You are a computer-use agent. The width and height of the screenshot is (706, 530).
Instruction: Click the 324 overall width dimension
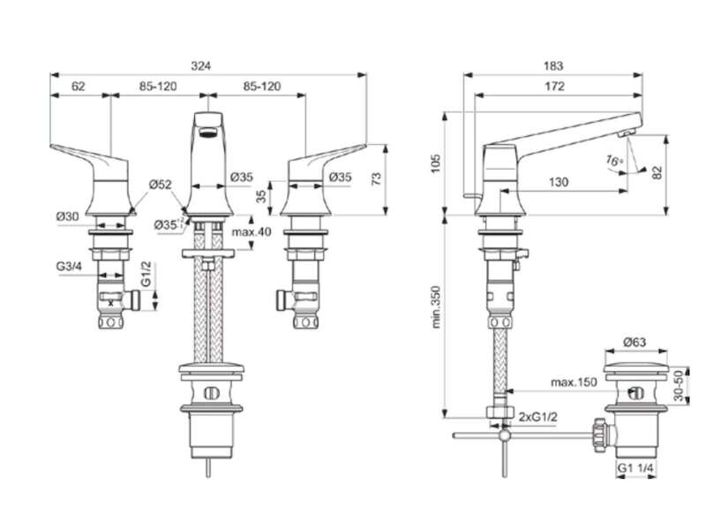201,65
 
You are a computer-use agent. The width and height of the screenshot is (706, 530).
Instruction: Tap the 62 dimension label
78,86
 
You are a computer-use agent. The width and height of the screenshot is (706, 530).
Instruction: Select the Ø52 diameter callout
161,185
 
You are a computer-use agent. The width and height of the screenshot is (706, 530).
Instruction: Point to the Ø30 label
68,216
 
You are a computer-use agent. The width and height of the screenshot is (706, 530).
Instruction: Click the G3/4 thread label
69,267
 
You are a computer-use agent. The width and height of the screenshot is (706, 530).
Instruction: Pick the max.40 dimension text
252,232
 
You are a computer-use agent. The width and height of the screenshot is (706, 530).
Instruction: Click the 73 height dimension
377,178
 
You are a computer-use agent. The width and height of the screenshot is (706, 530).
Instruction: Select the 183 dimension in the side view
553,65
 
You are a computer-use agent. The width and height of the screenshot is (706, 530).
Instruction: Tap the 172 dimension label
554,86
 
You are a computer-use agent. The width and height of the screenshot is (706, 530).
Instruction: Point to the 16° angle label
614,160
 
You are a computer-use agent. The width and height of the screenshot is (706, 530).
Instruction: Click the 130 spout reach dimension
559,182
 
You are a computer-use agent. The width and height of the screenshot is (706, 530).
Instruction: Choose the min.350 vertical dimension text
436,307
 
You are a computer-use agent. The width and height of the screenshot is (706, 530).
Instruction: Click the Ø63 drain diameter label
635,343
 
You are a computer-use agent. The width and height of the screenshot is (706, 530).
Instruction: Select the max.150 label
575,382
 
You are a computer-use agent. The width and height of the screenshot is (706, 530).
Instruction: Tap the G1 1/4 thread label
635,468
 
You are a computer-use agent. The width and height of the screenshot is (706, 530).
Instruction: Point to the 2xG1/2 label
538,417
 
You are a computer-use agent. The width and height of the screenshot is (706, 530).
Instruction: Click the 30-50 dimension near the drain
679,385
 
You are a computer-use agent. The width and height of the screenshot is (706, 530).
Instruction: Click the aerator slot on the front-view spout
207,132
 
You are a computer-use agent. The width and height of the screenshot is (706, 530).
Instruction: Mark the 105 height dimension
435,163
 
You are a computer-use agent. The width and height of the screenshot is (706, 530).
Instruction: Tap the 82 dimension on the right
657,172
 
